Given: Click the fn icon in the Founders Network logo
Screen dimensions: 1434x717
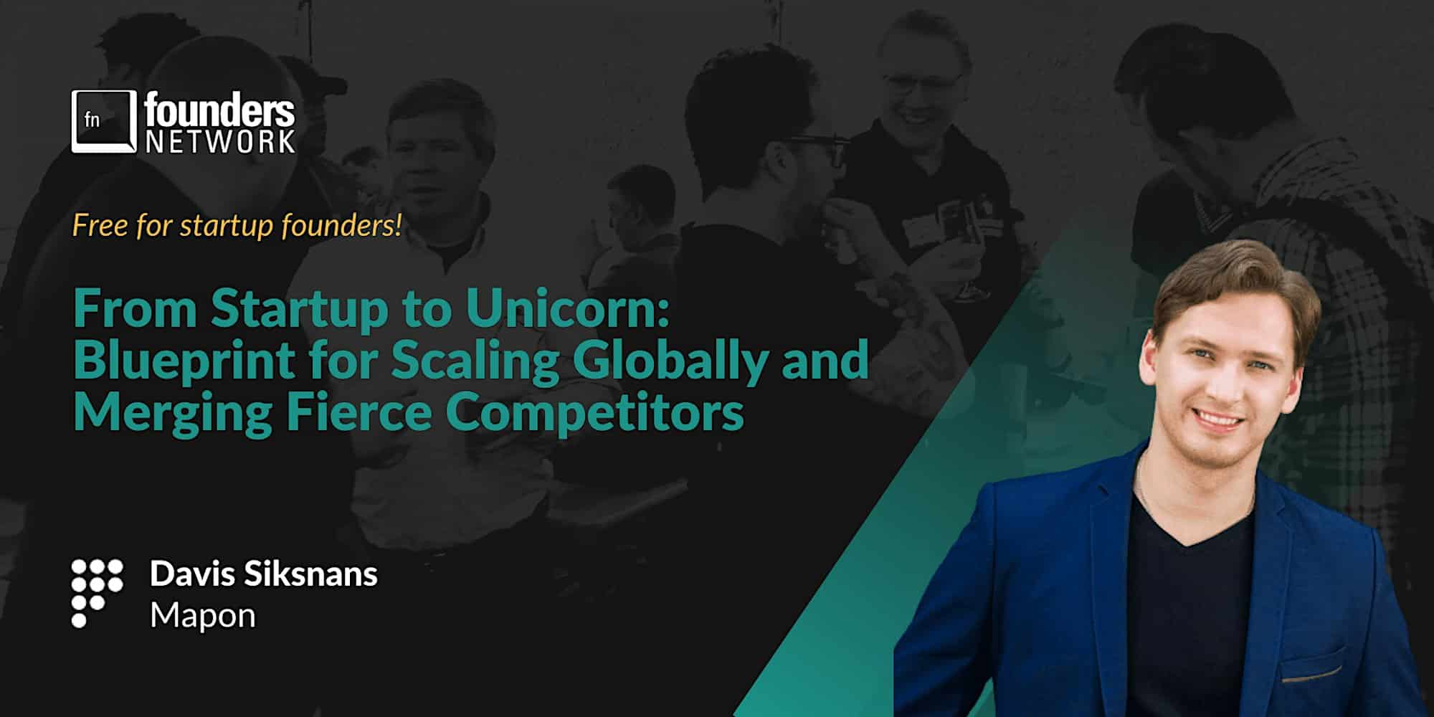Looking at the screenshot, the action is click(104, 121).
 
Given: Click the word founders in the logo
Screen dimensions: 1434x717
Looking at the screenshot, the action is click(219, 112).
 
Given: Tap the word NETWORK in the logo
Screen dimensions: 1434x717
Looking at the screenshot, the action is click(220, 141).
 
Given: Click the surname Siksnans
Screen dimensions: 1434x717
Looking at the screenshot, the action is click(311, 574).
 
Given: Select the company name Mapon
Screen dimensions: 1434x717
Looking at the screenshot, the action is click(203, 616).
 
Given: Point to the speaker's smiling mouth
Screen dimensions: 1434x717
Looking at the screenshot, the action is click(1218, 418).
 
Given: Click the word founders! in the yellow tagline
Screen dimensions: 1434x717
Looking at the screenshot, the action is click(341, 226).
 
